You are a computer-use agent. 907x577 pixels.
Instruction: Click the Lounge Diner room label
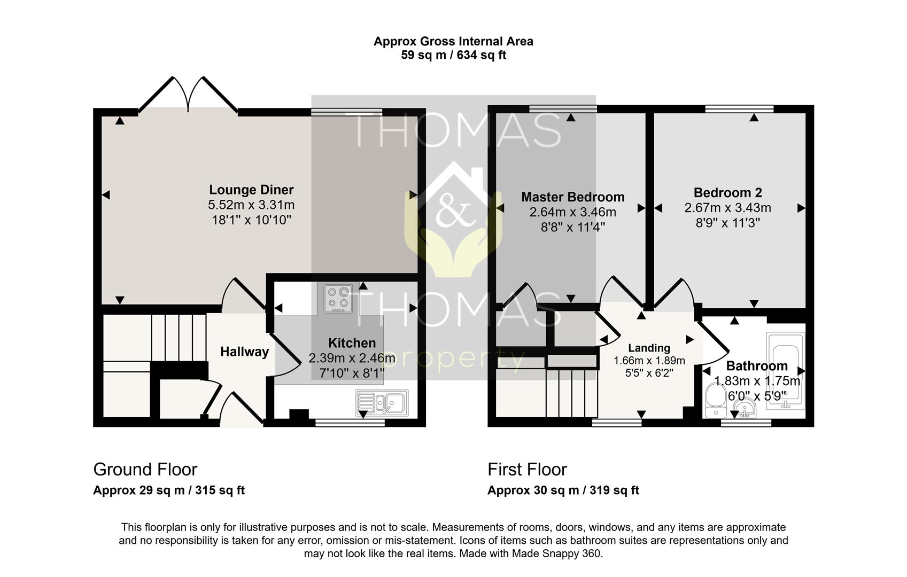(x=251, y=190)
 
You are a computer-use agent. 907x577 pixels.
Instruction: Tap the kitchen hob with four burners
(x=338, y=299)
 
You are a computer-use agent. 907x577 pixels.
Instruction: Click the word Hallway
(x=244, y=352)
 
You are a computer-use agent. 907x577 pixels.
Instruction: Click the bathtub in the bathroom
(x=785, y=371)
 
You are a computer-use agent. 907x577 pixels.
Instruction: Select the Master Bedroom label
(x=572, y=197)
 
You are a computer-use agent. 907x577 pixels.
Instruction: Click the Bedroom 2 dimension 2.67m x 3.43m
(x=727, y=208)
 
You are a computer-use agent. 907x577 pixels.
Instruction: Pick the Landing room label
(x=649, y=348)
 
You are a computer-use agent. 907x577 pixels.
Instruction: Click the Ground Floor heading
(x=145, y=470)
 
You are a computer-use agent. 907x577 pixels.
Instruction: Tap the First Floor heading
(x=527, y=470)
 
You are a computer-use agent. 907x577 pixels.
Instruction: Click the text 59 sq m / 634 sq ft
(x=453, y=55)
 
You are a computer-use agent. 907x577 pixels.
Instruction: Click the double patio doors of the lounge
(x=188, y=96)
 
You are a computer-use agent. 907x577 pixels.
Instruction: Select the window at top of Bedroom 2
(x=739, y=109)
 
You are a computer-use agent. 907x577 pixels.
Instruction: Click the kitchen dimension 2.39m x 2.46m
(x=352, y=358)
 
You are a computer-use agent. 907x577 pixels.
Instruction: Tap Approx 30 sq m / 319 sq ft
(x=563, y=490)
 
